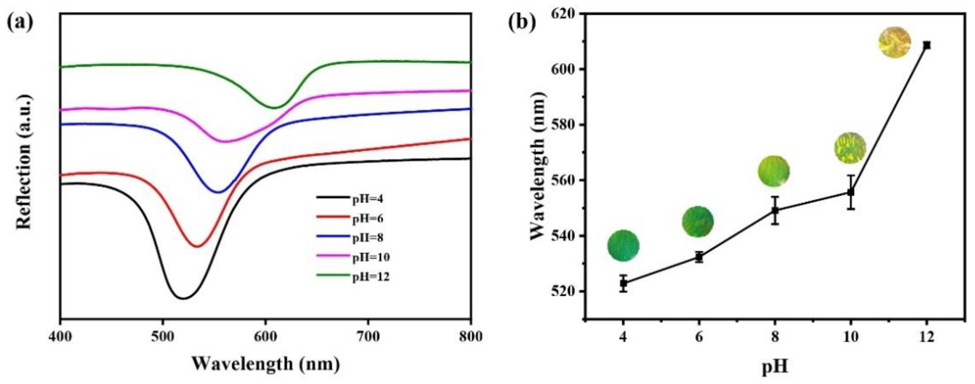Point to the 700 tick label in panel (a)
367,336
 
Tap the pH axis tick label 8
775,336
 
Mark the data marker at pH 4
623,283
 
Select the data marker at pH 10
850,192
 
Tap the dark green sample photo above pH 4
623,246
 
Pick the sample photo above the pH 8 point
774,171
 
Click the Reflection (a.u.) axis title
23,161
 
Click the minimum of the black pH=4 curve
183,298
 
